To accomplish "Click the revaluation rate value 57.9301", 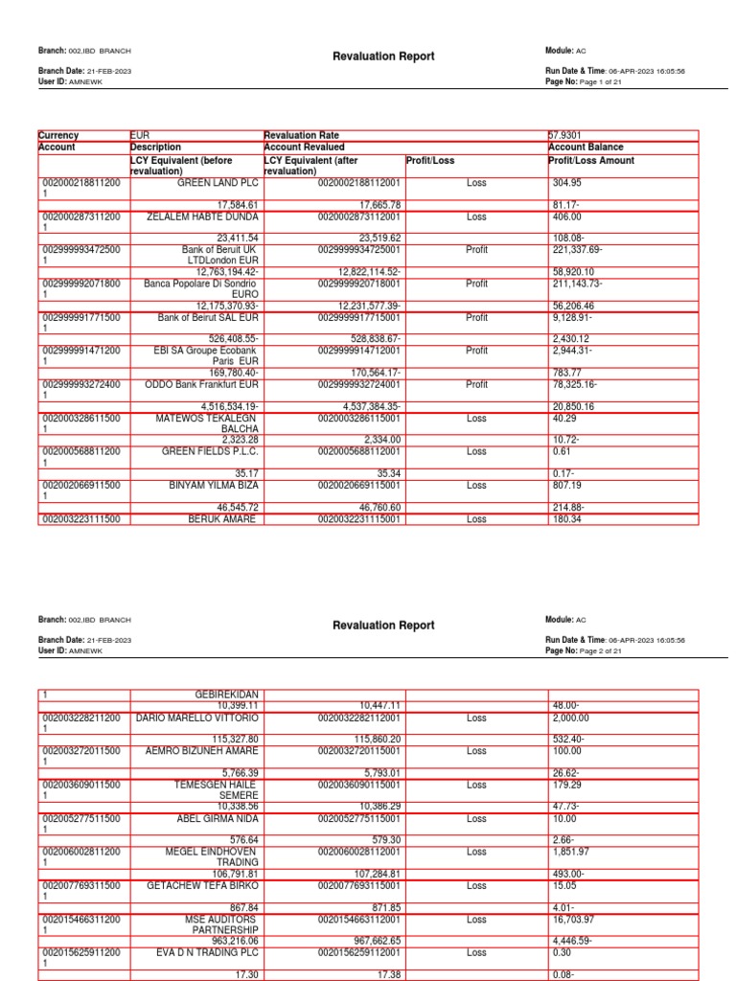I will point(565,136).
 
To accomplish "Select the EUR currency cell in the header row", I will point(141,136).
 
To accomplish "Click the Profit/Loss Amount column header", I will point(590,161).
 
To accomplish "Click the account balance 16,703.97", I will point(575,919).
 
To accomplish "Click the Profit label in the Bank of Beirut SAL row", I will point(476,317).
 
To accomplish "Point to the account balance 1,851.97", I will point(570,852).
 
